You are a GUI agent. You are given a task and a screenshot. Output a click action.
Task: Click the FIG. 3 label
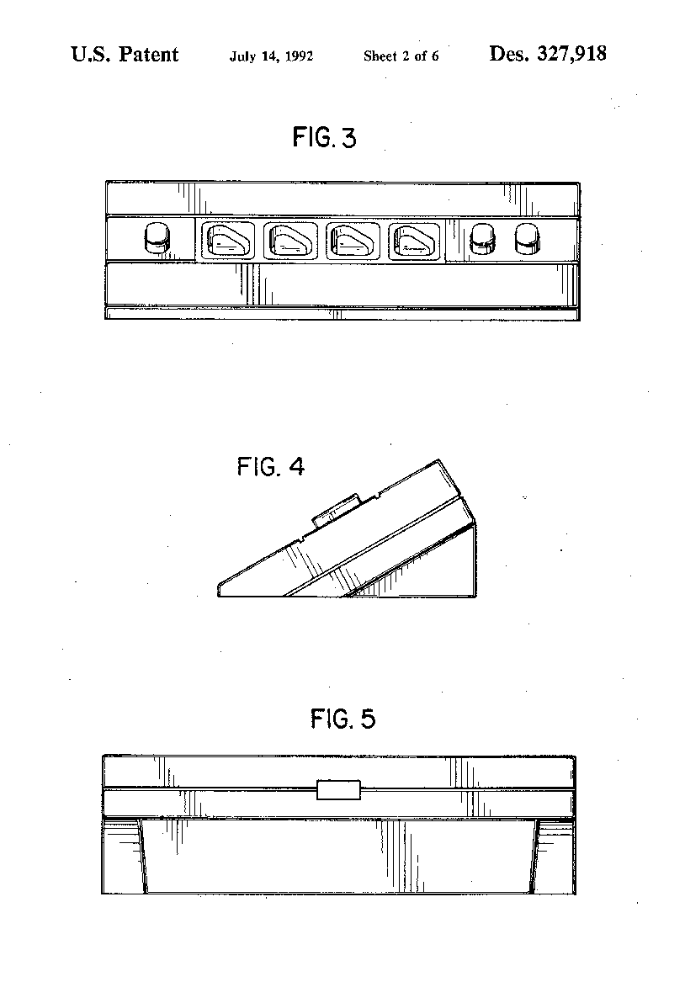click(x=324, y=137)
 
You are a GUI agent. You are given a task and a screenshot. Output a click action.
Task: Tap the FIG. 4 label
click(x=270, y=466)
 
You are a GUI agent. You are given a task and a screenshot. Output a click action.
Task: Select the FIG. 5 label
click(x=342, y=719)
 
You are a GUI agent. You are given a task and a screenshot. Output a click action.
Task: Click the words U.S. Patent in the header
click(x=125, y=55)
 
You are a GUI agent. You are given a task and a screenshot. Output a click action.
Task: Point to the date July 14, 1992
click(x=271, y=56)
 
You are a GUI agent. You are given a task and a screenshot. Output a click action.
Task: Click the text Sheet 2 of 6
click(x=401, y=56)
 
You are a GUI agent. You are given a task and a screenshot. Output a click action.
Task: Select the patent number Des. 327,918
click(x=548, y=54)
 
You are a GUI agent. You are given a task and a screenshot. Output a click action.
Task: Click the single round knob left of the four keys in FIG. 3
click(x=157, y=238)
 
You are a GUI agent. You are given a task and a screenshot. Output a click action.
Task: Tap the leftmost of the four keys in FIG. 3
click(x=228, y=241)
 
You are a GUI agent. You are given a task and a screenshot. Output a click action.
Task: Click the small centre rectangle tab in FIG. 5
click(x=338, y=790)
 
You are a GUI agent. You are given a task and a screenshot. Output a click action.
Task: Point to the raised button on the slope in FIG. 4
click(x=335, y=510)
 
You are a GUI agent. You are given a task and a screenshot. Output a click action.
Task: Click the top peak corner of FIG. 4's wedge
click(x=438, y=459)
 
